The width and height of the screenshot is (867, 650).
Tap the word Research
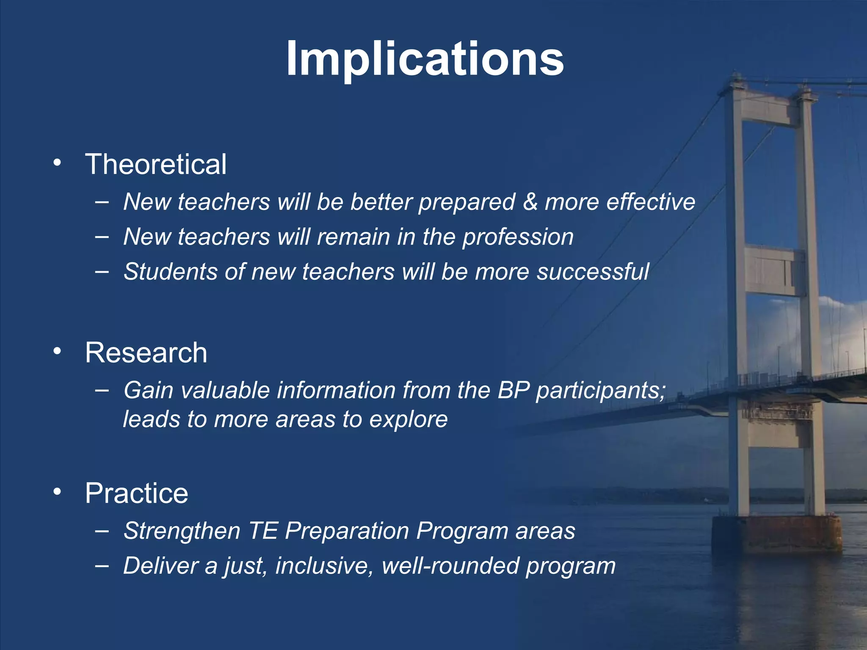point(146,353)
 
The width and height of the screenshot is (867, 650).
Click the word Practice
point(136,493)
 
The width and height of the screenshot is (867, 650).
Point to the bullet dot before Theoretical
point(57,163)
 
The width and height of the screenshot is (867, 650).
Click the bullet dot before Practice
point(57,492)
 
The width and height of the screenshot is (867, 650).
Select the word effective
point(651,202)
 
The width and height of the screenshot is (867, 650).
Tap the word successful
point(593,272)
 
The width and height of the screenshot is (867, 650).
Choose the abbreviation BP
point(514,390)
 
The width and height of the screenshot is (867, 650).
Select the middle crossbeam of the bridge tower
point(774,271)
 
